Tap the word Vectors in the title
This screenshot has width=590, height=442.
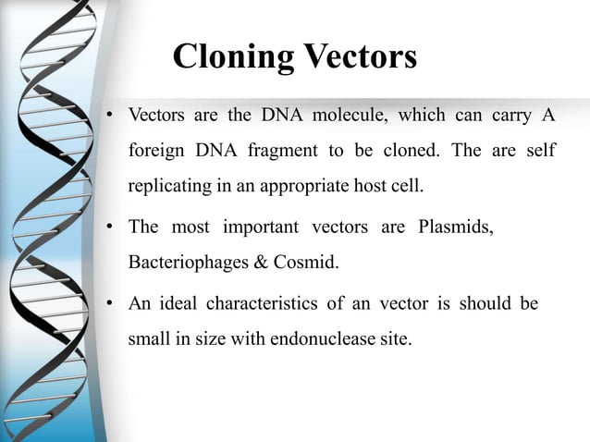point(358,56)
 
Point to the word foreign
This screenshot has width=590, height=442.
point(153,150)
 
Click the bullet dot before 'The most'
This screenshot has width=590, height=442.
point(108,227)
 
